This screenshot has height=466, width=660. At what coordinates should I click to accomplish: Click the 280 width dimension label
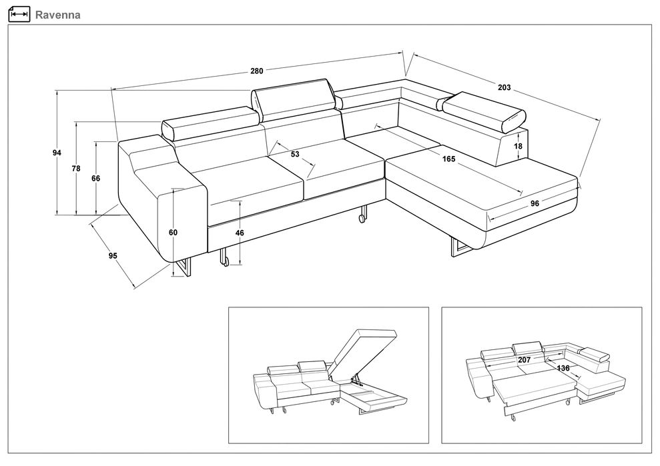[257, 71]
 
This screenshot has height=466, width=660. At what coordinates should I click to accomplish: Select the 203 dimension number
[504, 87]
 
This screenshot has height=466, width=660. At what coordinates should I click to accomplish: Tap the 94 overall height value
[57, 153]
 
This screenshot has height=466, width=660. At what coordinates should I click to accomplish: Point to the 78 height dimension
[76, 169]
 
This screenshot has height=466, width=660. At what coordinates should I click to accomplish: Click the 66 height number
[96, 178]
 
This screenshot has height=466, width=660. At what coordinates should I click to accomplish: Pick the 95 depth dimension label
[113, 256]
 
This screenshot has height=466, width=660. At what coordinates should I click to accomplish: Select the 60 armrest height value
[173, 232]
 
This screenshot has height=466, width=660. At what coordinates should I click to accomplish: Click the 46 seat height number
[240, 233]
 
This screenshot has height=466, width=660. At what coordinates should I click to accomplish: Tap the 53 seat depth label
[295, 154]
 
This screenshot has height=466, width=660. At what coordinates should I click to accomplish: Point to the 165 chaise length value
[448, 159]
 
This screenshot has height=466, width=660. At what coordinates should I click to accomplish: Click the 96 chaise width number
[535, 203]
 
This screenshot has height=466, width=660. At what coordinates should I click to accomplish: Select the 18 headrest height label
[518, 147]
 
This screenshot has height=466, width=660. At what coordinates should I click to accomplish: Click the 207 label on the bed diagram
[524, 360]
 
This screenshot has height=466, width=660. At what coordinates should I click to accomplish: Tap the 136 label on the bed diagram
[563, 368]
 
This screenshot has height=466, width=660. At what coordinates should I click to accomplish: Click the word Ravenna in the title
[57, 15]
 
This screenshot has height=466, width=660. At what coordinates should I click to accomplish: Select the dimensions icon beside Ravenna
[19, 14]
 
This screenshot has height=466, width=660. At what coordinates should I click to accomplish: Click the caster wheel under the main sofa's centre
[362, 218]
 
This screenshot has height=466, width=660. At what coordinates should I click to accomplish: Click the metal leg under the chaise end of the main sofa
[459, 247]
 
